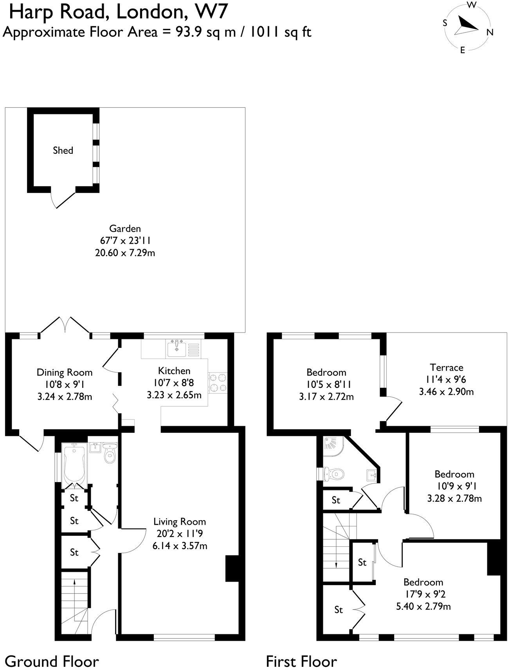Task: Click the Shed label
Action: tap(63, 150)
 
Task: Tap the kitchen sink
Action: tap(177, 348)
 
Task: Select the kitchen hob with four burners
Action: tap(218, 383)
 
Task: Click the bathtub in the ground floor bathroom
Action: tap(74, 466)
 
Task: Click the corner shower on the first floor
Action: tap(333, 446)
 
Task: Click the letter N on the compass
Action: tap(490, 32)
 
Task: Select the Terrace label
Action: tap(446, 367)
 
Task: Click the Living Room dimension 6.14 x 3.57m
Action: tap(180, 546)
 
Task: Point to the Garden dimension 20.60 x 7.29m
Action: tap(125, 253)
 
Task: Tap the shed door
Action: tap(63, 200)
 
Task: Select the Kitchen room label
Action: tap(174, 371)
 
